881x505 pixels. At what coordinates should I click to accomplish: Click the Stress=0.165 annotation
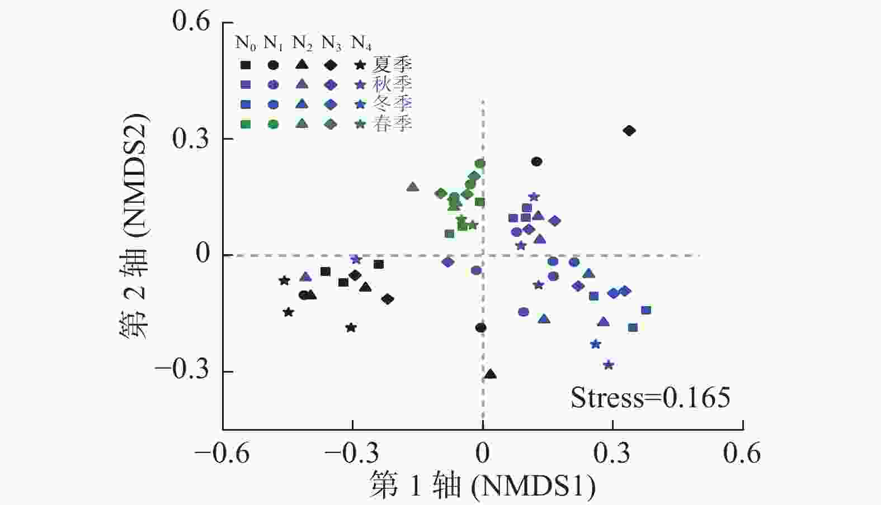(x=650, y=398)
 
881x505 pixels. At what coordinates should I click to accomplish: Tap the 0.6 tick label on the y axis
(x=191, y=22)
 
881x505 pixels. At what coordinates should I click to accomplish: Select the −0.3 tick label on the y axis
(x=182, y=370)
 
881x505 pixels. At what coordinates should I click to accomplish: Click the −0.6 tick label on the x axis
(x=222, y=453)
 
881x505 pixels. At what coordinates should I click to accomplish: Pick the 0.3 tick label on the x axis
(x=612, y=453)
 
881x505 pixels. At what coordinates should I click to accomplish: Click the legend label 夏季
(x=393, y=65)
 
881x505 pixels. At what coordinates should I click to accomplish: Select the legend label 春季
(x=393, y=124)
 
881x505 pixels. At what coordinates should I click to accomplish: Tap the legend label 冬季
(x=393, y=104)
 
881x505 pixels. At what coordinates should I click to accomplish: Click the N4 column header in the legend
(x=361, y=43)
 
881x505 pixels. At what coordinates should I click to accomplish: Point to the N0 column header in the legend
(x=246, y=43)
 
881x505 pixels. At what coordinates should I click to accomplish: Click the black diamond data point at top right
(x=629, y=131)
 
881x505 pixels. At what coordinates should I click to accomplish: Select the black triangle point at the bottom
(x=491, y=374)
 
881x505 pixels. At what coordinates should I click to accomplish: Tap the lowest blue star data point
(x=609, y=365)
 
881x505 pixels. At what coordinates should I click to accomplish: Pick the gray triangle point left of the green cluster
(x=413, y=187)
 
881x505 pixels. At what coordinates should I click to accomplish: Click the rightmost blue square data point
(x=646, y=310)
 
